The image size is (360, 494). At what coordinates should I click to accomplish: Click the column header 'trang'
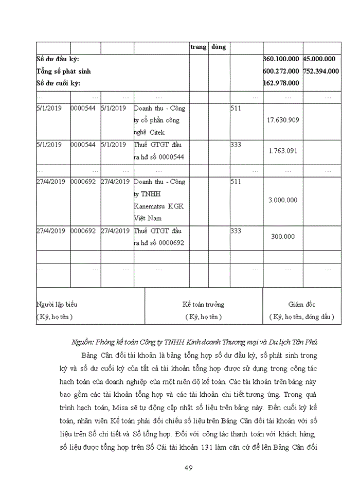[x=198, y=47]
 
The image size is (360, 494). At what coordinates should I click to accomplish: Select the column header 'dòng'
[x=218, y=47]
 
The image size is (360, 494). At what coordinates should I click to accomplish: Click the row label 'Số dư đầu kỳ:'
[x=58, y=59]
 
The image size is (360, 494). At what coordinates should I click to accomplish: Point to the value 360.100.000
[x=281, y=59]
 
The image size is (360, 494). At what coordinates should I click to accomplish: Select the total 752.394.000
[x=321, y=71]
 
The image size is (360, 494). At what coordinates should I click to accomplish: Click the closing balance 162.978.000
[x=281, y=83]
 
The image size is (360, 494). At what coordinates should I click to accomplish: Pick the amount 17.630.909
[x=283, y=120]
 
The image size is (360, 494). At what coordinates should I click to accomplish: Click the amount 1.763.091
[x=283, y=151]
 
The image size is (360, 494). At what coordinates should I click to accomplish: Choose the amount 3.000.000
[x=283, y=200]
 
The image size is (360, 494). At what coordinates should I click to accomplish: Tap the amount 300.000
[x=283, y=237]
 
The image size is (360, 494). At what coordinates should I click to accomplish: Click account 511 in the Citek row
[x=236, y=109]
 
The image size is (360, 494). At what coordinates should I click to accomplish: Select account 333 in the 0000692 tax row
[x=236, y=231]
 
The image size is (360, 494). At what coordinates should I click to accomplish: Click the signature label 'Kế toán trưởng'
[x=204, y=305]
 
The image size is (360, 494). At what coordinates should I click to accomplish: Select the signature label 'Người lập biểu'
[x=57, y=305]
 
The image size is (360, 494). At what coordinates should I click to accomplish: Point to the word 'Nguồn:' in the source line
[x=83, y=342]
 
